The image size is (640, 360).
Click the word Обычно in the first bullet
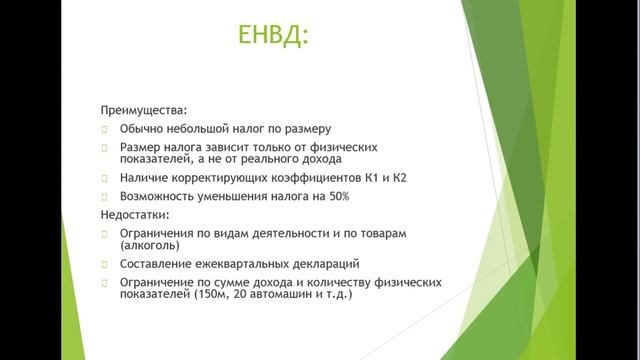point(142,129)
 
